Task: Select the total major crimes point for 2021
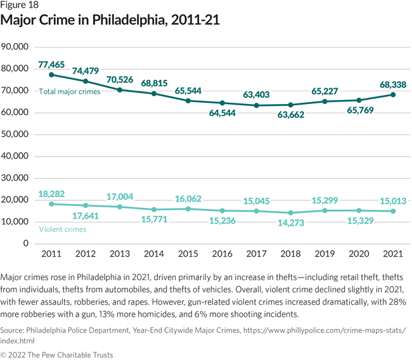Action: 393,95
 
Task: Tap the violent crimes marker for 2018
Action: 291,213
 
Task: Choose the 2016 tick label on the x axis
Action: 222,254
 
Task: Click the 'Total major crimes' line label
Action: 70,92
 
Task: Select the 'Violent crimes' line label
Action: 62,229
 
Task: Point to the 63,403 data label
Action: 257,95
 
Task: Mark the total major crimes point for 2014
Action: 154,94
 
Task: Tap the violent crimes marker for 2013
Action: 120,207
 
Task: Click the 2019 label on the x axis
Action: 325,254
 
